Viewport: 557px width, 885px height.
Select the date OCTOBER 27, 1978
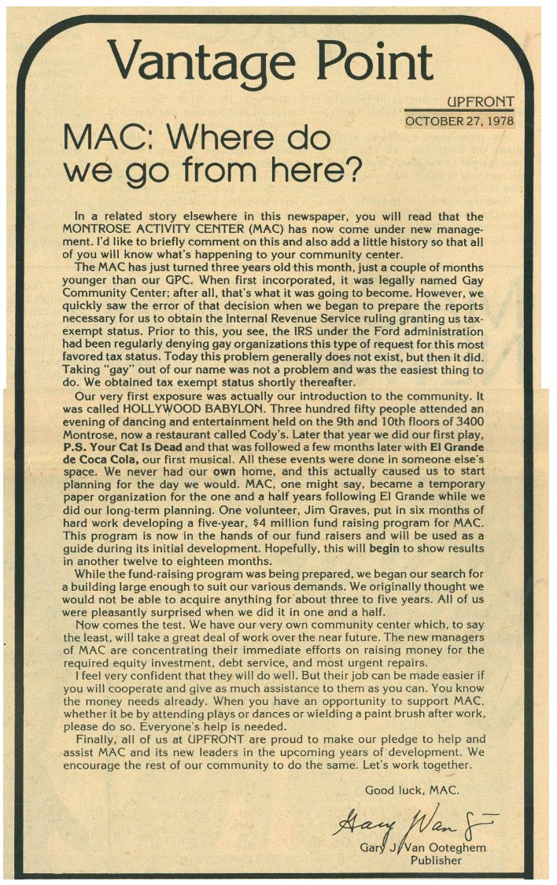point(459,121)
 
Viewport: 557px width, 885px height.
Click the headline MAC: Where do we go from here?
point(212,153)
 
